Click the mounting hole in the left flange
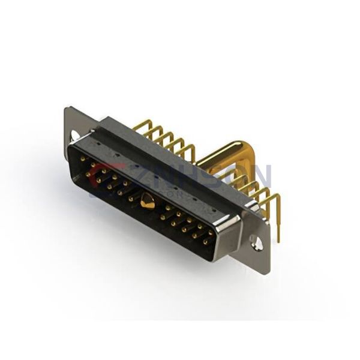tap(74, 136)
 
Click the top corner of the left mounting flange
tap(68, 109)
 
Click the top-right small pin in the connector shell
tap(209, 227)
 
